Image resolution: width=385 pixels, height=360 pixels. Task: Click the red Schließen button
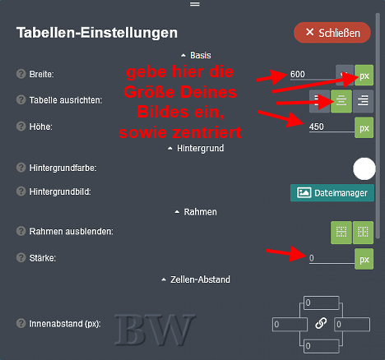point(332,33)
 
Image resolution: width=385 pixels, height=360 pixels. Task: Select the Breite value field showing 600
point(312,74)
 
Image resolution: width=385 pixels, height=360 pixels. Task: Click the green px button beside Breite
point(364,76)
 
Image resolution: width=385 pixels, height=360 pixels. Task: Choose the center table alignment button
point(341,101)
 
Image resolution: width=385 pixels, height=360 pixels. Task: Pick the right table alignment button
point(363,101)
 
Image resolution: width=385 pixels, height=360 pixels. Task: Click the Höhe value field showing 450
point(332,127)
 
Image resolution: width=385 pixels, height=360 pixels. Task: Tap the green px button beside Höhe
point(364,127)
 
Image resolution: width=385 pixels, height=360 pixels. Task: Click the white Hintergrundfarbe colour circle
point(364,168)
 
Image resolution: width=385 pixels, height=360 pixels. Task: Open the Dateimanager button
point(332,193)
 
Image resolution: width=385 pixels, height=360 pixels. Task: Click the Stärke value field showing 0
point(332,258)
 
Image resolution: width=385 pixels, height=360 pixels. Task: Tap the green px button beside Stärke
point(364,259)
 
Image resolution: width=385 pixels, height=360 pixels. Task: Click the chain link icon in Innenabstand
point(321,323)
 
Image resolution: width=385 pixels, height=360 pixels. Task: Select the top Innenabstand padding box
point(322,302)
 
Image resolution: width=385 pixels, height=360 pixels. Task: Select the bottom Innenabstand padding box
point(322,346)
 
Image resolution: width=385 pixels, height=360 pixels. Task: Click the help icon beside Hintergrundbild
point(21,191)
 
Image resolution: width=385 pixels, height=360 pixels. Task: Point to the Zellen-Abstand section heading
point(196,279)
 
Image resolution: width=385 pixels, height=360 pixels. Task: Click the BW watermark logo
point(155,330)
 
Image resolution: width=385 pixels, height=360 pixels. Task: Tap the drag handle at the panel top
point(195,4)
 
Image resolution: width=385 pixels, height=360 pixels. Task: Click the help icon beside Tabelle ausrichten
point(21,99)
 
